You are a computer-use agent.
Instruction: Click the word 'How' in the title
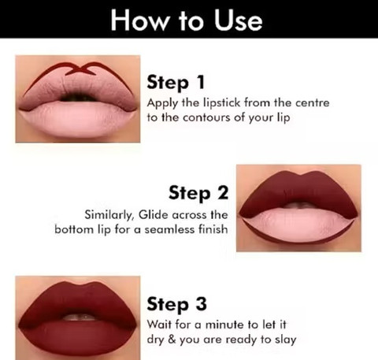pos(139,20)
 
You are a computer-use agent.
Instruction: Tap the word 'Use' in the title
pos(239,20)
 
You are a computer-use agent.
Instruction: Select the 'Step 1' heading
pos(176,82)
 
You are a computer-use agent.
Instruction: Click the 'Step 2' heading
pos(198,193)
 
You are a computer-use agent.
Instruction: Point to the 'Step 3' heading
pos(176,304)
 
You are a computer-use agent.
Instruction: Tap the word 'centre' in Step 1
pos(313,102)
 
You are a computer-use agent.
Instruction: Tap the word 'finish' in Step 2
pos(213,229)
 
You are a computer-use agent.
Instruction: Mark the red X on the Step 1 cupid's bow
pos(80,69)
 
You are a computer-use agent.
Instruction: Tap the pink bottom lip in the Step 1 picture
pos(78,119)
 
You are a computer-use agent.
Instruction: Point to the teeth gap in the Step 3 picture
pos(80,317)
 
